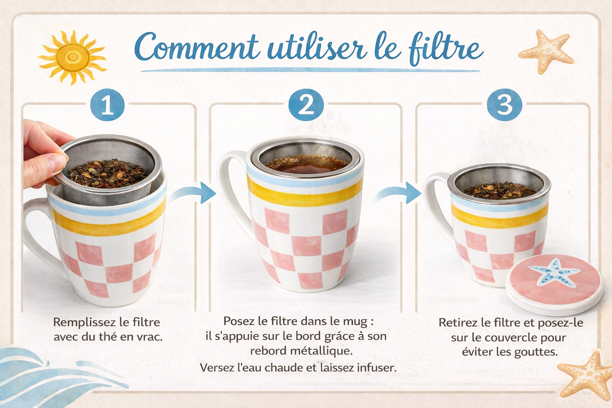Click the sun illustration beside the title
pyautogui.click(x=72, y=57)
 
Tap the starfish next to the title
pyautogui.click(x=546, y=52)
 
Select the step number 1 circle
pyautogui.click(x=107, y=105)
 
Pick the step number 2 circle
pyautogui.click(x=306, y=105)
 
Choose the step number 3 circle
pyautogui.click(x=504, y=105)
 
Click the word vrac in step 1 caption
pyautogui.click(x=150, y=337)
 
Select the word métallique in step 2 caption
pyautogui.click(x=321, y=351)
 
